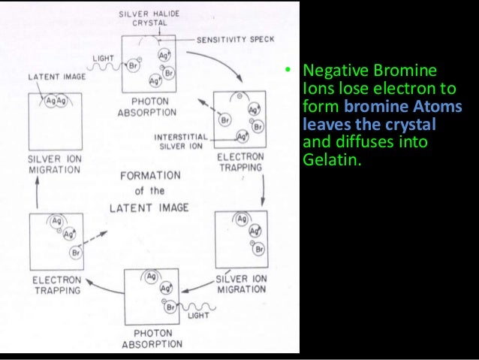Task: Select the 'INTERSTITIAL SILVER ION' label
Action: tap(183, 142)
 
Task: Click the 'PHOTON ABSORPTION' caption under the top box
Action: tap(147, 108)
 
